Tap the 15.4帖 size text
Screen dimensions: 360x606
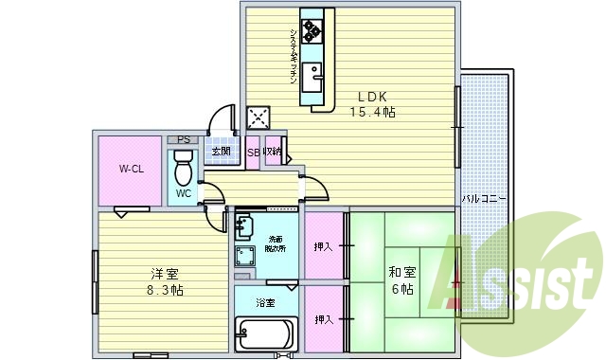tap(372, 113)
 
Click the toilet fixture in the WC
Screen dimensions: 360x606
tap(184, 170)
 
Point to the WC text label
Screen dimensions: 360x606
tap(184, 193)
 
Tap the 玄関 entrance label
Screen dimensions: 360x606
tap(221, 153)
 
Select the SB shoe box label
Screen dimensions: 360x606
tap(253, 153)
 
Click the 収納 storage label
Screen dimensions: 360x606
tap(274, 153)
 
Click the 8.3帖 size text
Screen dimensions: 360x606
tap(160, 290)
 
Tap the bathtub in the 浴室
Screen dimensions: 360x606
tap(266, 334)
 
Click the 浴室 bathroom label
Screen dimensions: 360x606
tap(265, 303)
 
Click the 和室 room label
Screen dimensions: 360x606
tap(401, 274)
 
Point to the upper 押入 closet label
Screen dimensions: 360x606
tap(324, 247)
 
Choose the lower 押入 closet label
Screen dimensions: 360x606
tap(324, 319)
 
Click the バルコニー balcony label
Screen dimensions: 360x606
tap(485, 199)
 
